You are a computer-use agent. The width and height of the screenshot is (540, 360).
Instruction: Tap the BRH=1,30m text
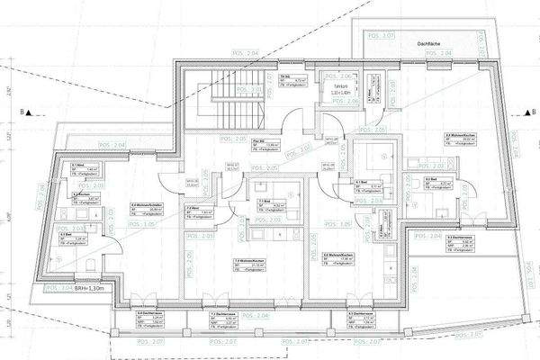coord(68,287)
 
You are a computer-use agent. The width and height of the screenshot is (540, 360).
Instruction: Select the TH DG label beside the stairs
coord(283,77)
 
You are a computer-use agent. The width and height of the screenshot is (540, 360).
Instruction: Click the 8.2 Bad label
coord(429,178)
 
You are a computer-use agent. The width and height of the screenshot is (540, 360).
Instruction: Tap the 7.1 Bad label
coord(264,201)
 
